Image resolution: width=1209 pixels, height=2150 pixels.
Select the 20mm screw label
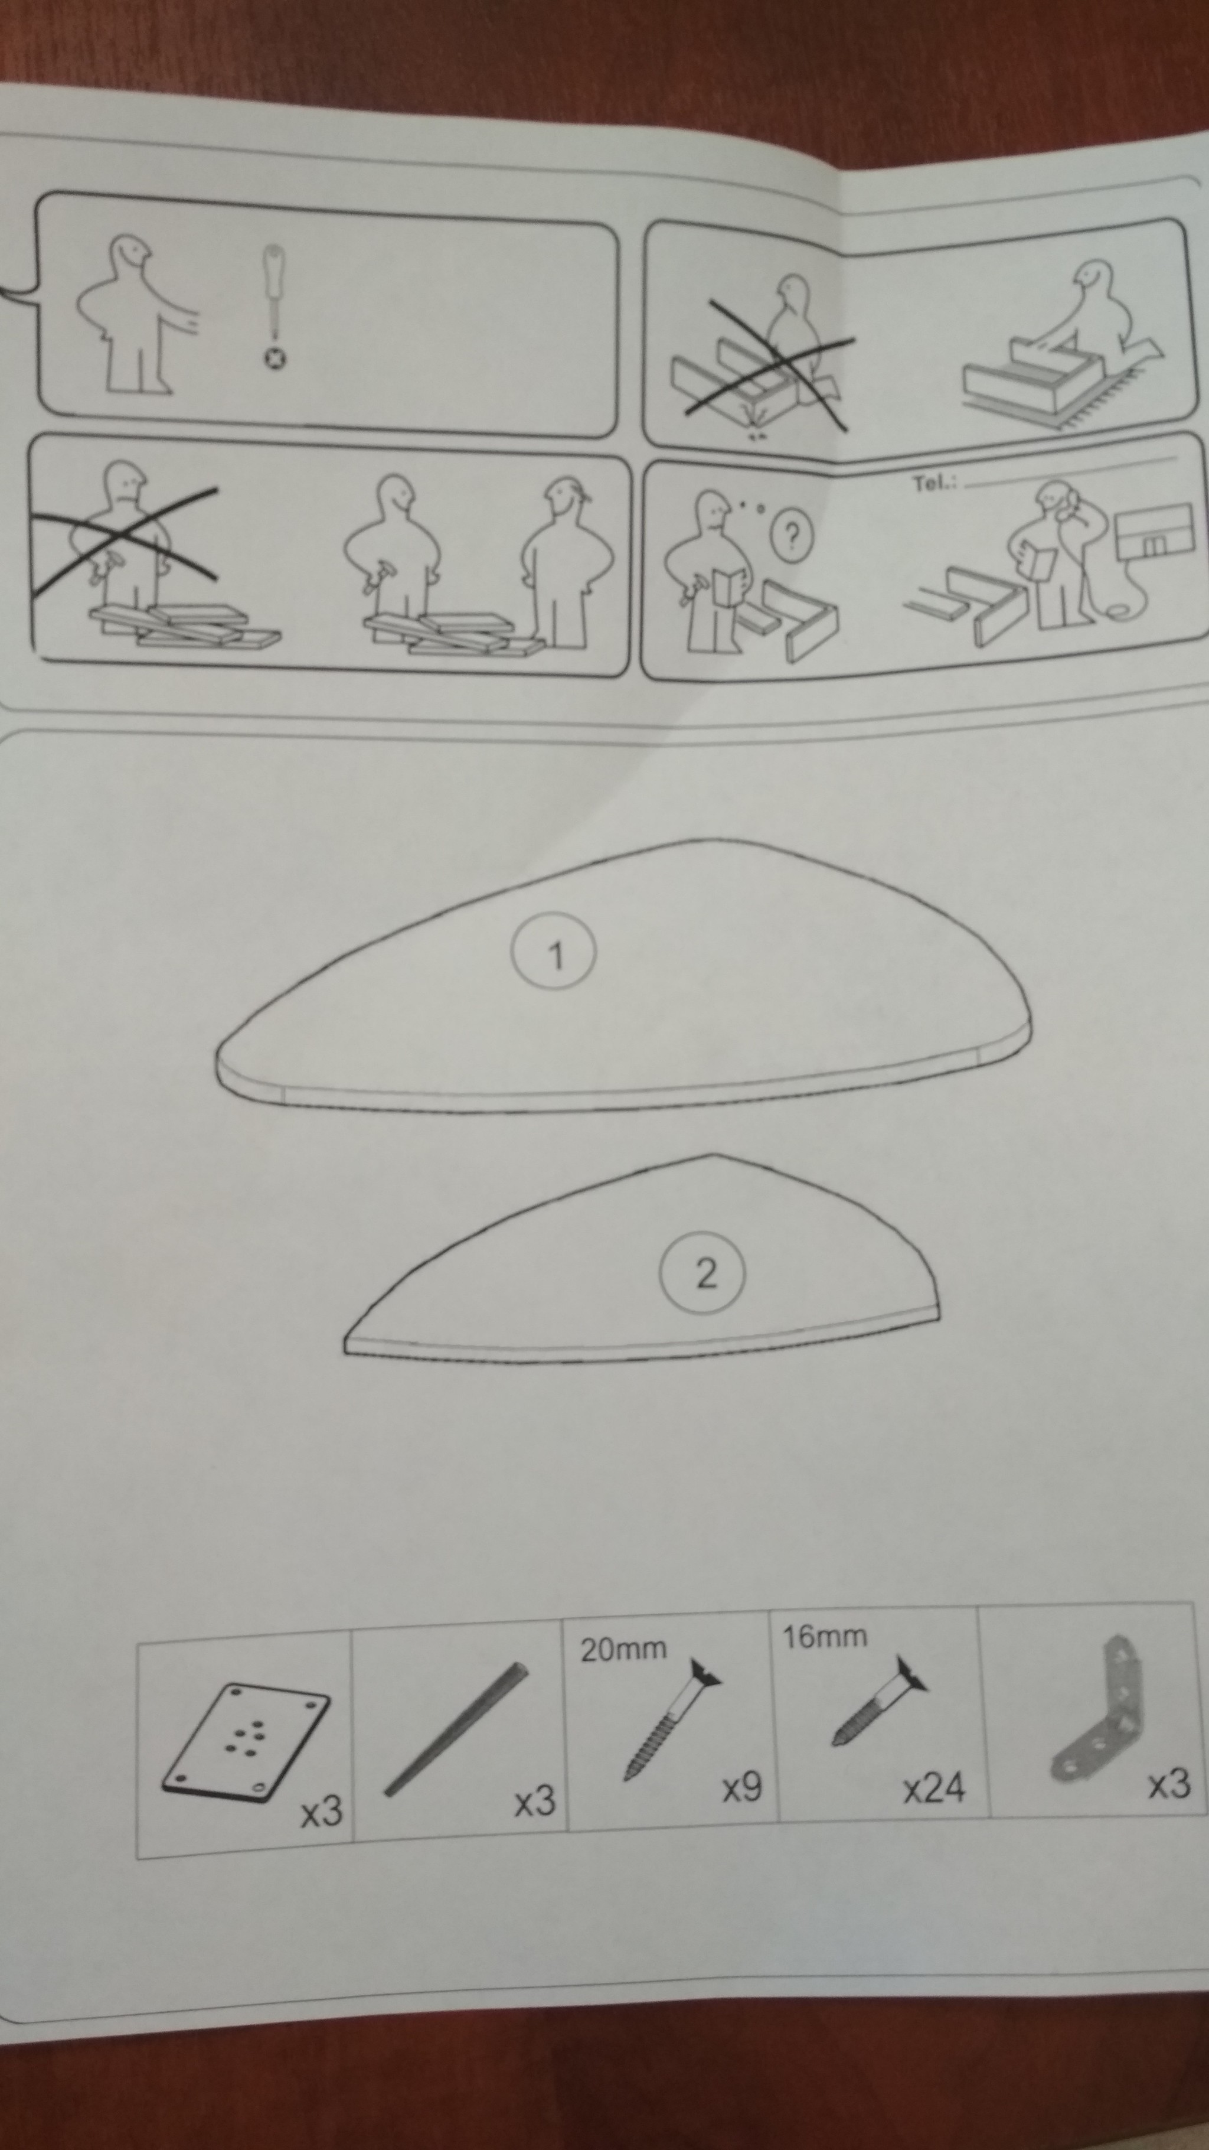[623, 1649]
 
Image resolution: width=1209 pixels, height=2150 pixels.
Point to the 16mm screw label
[824, 1637]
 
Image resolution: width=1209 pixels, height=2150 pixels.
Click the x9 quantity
[742, 1787]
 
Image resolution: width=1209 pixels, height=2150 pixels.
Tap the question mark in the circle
[789, 537]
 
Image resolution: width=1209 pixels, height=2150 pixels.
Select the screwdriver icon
[274, 305]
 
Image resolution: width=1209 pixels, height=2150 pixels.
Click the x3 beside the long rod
[534, 1801]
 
